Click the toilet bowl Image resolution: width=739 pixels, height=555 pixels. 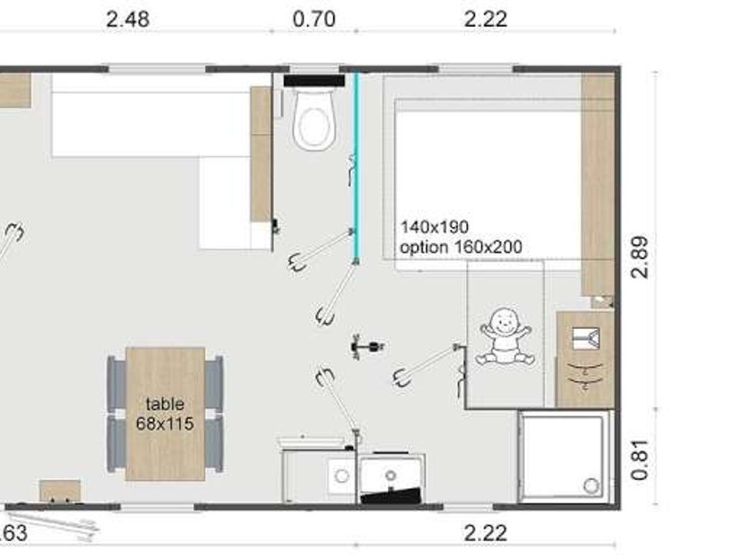coord(314,119)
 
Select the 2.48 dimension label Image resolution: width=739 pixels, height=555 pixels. coord(128,20)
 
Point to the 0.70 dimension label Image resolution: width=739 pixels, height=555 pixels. coord(314,20)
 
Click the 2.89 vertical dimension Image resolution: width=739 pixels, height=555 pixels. coord(640,257)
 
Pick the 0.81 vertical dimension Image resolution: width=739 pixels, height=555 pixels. coord(640,460)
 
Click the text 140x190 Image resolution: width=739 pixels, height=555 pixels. coord(434,227)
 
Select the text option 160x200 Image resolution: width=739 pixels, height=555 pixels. coord(461,247)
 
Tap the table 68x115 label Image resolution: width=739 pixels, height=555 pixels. coord(165,414)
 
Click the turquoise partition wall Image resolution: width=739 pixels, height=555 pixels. coord(356,166)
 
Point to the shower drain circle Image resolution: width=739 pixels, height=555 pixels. coord(591,485)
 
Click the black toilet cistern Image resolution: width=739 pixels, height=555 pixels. coord(314,81)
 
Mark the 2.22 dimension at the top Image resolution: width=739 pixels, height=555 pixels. coord(486,20)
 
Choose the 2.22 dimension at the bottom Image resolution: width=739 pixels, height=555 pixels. coord(486,533)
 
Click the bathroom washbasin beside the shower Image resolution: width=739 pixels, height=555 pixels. coord(586,359)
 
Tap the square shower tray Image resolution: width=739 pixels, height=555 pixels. coord(563,456)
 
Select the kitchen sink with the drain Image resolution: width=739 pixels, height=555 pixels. coord(391,474)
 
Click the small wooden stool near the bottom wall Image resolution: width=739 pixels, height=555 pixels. coord(60,491)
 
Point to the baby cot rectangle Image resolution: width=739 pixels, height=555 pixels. coord(505,334)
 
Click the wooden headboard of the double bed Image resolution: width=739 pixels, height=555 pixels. coord(597,185)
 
